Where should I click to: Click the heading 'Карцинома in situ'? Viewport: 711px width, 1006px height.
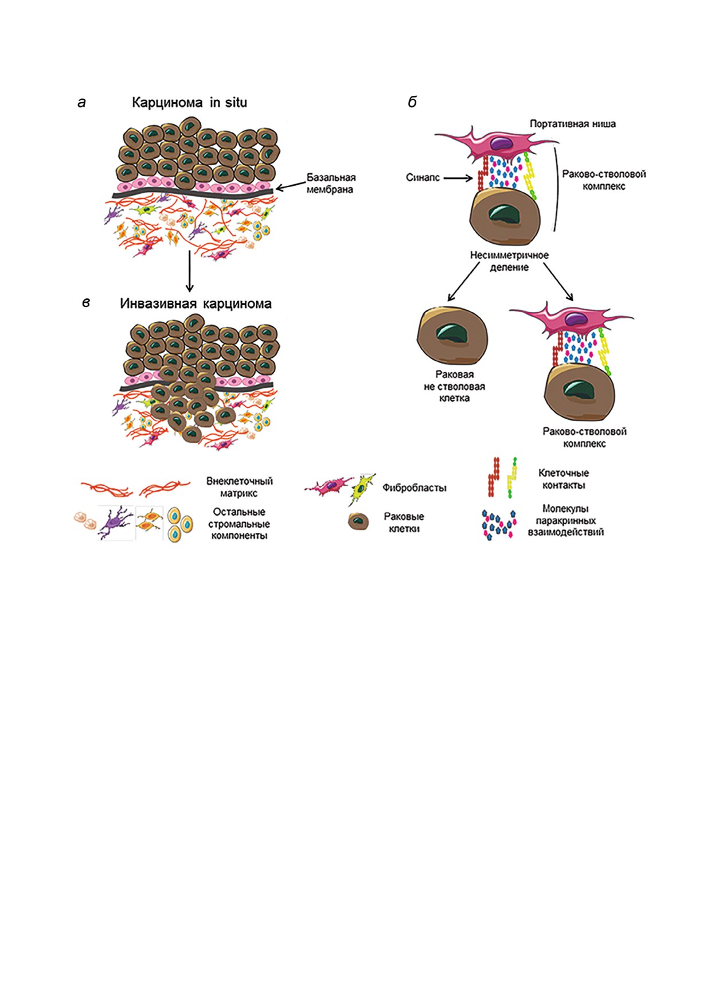[x=189, y=103]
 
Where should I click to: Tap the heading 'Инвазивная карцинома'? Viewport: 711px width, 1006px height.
[x=196, y=303]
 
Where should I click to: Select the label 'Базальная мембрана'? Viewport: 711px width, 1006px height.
[x=330, y=184]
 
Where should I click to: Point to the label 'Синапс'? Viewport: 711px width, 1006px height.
[x=423, y=178]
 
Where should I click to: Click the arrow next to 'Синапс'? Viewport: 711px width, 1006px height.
[x=459, y=178]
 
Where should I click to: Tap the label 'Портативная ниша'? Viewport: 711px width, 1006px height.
[x=572, y=124]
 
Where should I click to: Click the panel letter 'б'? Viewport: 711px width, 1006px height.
[x=412, y=103]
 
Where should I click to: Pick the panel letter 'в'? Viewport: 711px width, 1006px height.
[x=86, y=303]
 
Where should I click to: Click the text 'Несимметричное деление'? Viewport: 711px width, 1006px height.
[x=509, y=261]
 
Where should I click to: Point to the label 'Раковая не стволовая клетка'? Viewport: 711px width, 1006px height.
[x=454, y=387]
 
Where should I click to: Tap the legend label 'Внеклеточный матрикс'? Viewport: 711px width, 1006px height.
[x=239, y=487]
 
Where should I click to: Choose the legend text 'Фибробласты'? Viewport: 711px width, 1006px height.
[x=414, y=488]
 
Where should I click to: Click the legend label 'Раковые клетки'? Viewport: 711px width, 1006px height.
[x=404, y=523]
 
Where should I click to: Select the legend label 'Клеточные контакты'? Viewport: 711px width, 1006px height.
[x=564, y=479]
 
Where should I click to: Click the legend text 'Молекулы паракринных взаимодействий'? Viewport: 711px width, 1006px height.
[x=565, y=521]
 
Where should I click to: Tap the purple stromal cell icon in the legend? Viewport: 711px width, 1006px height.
[x=116, y=523]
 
